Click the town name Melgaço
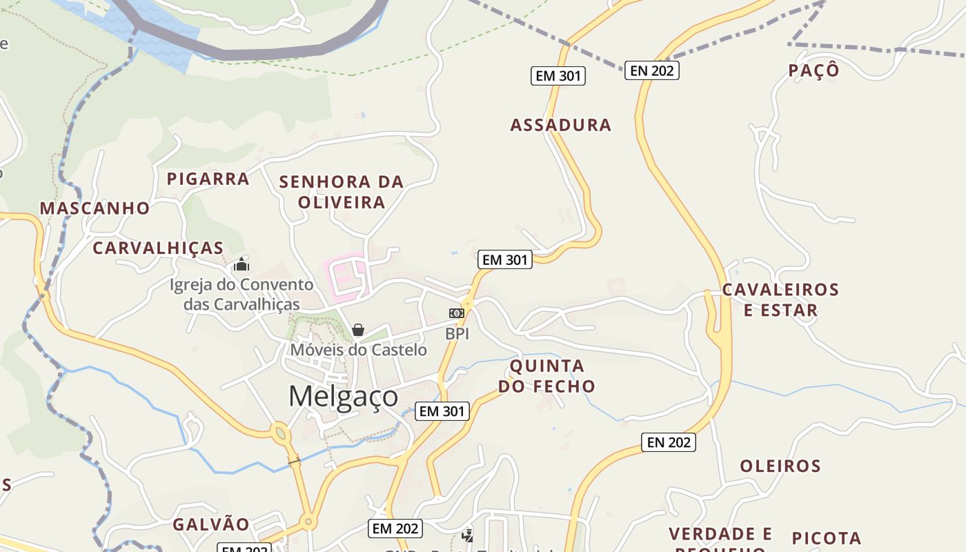(x=343, y=397)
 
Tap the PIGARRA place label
(x=208, y=179)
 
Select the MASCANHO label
(x=95, y=208)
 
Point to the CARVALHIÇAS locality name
(x=158, y=248)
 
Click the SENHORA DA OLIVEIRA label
(x=342, y=192)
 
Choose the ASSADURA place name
(x=560, y=125)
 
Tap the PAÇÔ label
(x=814, y=70)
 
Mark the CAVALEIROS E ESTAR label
(x=780, y=299)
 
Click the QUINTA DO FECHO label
(x=546, y=376)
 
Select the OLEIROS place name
(x=780, y=466)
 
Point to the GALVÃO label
(x=210, y=524)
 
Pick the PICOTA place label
(x=826, y=538)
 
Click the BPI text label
(x=457, y=334)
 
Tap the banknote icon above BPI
(x=457, y=313)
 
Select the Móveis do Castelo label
(x=358, y=350)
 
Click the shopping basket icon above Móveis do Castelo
(x=357, y=330)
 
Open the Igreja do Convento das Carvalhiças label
(x=241, y=294)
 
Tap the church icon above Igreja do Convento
(x=241, y=264)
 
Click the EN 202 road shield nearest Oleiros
(x=668, y=442)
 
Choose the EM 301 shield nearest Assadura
(x=558, y=76)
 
